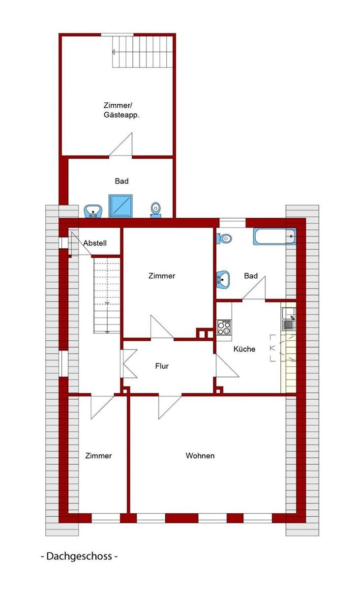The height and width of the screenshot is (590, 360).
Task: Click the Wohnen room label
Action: [200, 456]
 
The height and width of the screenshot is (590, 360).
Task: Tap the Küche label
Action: [244, 349]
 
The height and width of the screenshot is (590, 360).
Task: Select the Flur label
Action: [162, 366]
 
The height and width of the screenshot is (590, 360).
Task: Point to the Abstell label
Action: [95, 243]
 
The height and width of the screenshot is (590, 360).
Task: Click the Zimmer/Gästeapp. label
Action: [121, 110]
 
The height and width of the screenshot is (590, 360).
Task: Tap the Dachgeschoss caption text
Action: [79, 556]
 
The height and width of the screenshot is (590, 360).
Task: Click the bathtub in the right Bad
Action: [274, 236]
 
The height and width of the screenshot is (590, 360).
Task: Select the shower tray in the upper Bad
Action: [120, 206]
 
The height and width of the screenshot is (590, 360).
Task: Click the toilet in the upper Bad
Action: [156, 210]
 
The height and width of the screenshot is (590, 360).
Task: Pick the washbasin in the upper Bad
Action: [93, 211]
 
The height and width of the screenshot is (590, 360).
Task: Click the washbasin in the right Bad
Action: [223, 279]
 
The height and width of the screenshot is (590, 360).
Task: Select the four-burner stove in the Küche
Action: [224, 327]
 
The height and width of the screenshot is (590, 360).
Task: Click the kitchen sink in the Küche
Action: [289, 319]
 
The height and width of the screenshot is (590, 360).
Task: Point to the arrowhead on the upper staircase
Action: [114, 52]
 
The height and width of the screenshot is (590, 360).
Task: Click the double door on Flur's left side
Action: [129, 364]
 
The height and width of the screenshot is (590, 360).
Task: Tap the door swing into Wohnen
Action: [170, 407]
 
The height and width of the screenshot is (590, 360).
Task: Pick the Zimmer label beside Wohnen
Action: [98, 456]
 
